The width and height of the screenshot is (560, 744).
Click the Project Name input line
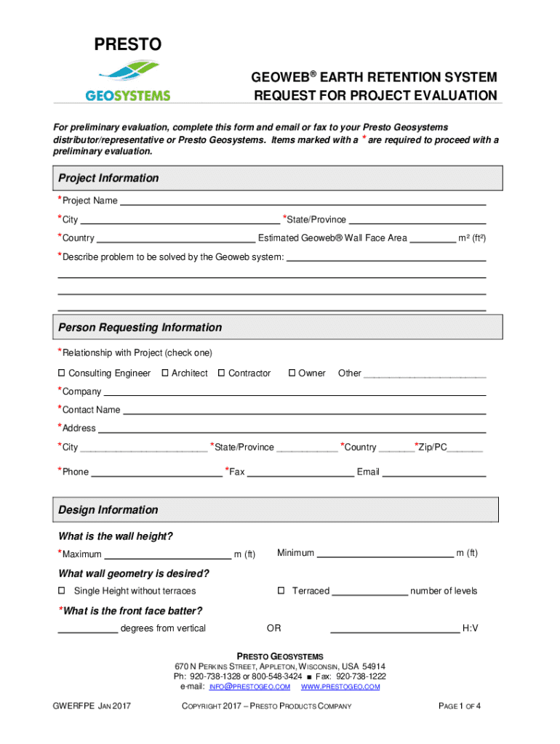pos(302,201)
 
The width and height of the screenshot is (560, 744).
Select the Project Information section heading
pos(108,178)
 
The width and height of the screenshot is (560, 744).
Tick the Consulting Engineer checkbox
pos(62,373)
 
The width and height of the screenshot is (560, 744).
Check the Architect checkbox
pos(165,373)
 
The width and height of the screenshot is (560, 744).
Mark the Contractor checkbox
pos(222,373)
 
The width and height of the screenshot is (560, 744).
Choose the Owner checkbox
pos(292,373)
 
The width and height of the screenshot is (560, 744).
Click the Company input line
pos(295,392)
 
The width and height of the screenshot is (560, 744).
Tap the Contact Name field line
pos(304,411)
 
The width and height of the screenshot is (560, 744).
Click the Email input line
pos(434,473)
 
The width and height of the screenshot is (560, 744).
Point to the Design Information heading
pos(108,510)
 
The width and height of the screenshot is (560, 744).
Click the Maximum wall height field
pos(167,555)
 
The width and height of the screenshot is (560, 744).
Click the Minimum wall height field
pos(385,554)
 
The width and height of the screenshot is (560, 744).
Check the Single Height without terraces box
pos(62,591)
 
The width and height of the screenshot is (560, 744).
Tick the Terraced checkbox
pos(281,591)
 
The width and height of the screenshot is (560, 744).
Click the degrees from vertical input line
pos(87,629)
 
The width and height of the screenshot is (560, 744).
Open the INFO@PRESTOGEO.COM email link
pos(249,687)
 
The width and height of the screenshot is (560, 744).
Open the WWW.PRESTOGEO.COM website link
pos(340,687)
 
